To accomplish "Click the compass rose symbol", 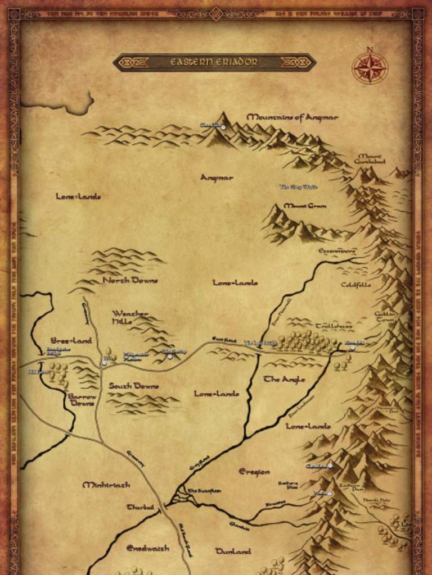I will [370, 68].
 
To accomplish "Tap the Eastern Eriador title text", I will [214, 62].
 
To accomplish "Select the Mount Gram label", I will [305, 206].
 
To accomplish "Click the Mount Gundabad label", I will [370, 158].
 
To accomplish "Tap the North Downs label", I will [130, 280].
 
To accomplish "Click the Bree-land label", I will [71, 340].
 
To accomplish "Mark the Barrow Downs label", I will [82, 400].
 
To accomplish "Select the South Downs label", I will [133, 386].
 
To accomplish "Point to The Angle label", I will [285, 380].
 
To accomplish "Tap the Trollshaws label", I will [334, 326].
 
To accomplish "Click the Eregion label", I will [254, 472].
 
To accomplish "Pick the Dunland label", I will [233, 551].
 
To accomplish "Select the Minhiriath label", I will [106, 485].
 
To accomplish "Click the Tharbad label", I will [140, 507].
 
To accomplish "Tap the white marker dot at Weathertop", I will [169, 357].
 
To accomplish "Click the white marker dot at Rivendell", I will [353, 348].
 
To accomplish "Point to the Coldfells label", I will [355, 285].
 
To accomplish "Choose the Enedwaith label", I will [147, 548].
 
